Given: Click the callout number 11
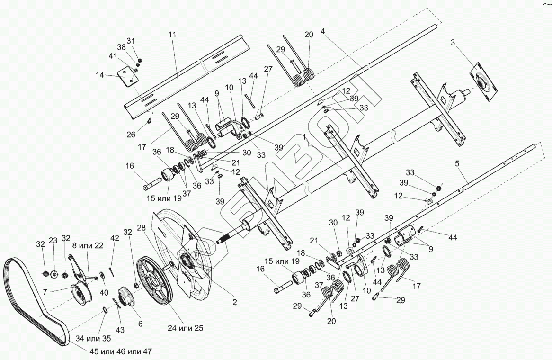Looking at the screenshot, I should (x=171, y=35).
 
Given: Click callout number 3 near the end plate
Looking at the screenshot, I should (x=453, y=43).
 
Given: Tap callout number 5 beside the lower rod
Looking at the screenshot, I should (x=457, y=164).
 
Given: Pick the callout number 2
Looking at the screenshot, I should (x=234, y=301).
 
